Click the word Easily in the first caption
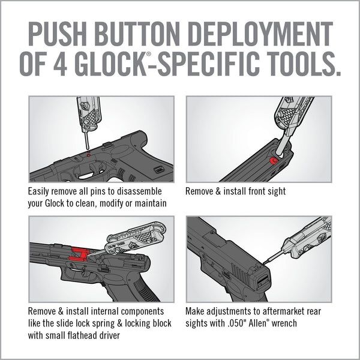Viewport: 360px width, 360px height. pyautogui.click(x=40, y=192)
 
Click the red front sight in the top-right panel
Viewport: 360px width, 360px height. pyautogui.click(x=274, y=161)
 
